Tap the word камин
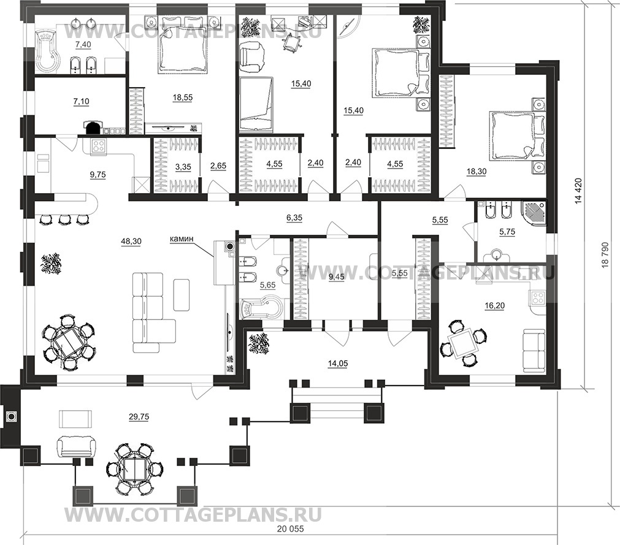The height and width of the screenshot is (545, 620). (x=181, y=238)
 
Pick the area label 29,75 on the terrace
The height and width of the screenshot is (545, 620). (x=139, y=416)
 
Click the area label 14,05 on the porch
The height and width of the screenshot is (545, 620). (x=338, y=364)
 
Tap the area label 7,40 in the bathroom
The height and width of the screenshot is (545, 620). (x=83, y=45)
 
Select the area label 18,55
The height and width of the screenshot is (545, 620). (x=183, y=97)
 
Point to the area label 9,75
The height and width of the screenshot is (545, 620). (x=98, y=175)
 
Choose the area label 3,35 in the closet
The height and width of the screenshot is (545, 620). (x=183, y=167)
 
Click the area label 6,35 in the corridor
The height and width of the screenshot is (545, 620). (x=294, y=218)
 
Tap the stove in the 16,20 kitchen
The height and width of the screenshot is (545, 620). (x=537, y=297)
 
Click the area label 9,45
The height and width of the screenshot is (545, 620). (x=337, y=277)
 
